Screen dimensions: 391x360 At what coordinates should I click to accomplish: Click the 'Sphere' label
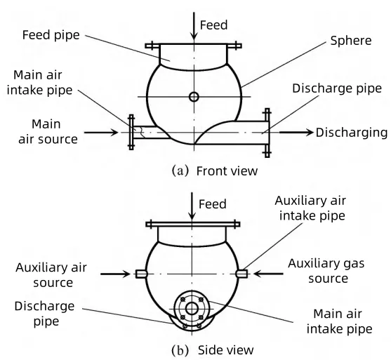tap(351, 41)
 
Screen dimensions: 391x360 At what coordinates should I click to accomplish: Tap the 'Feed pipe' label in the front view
tap(51, 35)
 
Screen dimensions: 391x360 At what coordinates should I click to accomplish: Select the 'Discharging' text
tap(352, 133)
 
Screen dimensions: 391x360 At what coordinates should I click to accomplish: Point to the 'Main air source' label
tap(47, 132)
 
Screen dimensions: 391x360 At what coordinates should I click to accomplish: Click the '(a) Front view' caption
tap(214, 171)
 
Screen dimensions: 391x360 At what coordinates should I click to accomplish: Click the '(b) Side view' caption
tap(213, 350)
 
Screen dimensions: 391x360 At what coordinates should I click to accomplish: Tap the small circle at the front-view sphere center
tap(194, 97)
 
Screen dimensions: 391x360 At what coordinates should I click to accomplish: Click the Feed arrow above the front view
tap(194, 26)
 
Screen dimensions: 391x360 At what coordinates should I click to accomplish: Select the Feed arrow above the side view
tap(192, 206)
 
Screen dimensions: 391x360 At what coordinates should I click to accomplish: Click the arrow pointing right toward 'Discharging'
tap(296, 133)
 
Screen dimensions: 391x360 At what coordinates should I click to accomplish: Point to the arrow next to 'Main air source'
tap(101, 133)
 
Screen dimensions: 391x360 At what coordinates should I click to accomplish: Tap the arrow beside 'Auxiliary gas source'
tap(268, 274)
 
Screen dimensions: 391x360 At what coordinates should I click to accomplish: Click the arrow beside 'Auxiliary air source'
tap(115, 274)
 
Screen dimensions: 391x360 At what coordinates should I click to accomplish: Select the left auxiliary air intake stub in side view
tap(141, 274)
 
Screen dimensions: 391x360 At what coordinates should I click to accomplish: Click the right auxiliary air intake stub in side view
tap(241, 274)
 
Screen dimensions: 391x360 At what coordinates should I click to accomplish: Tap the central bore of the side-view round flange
tap(192, 309)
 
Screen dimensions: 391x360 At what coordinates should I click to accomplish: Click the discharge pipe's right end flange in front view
tap(267, 133)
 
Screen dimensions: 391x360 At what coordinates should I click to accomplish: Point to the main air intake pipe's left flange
tap(131, 132)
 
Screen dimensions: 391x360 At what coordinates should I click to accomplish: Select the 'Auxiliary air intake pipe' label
tap(311, 208)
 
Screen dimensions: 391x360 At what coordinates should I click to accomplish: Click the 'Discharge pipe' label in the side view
tap(44, 314)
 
